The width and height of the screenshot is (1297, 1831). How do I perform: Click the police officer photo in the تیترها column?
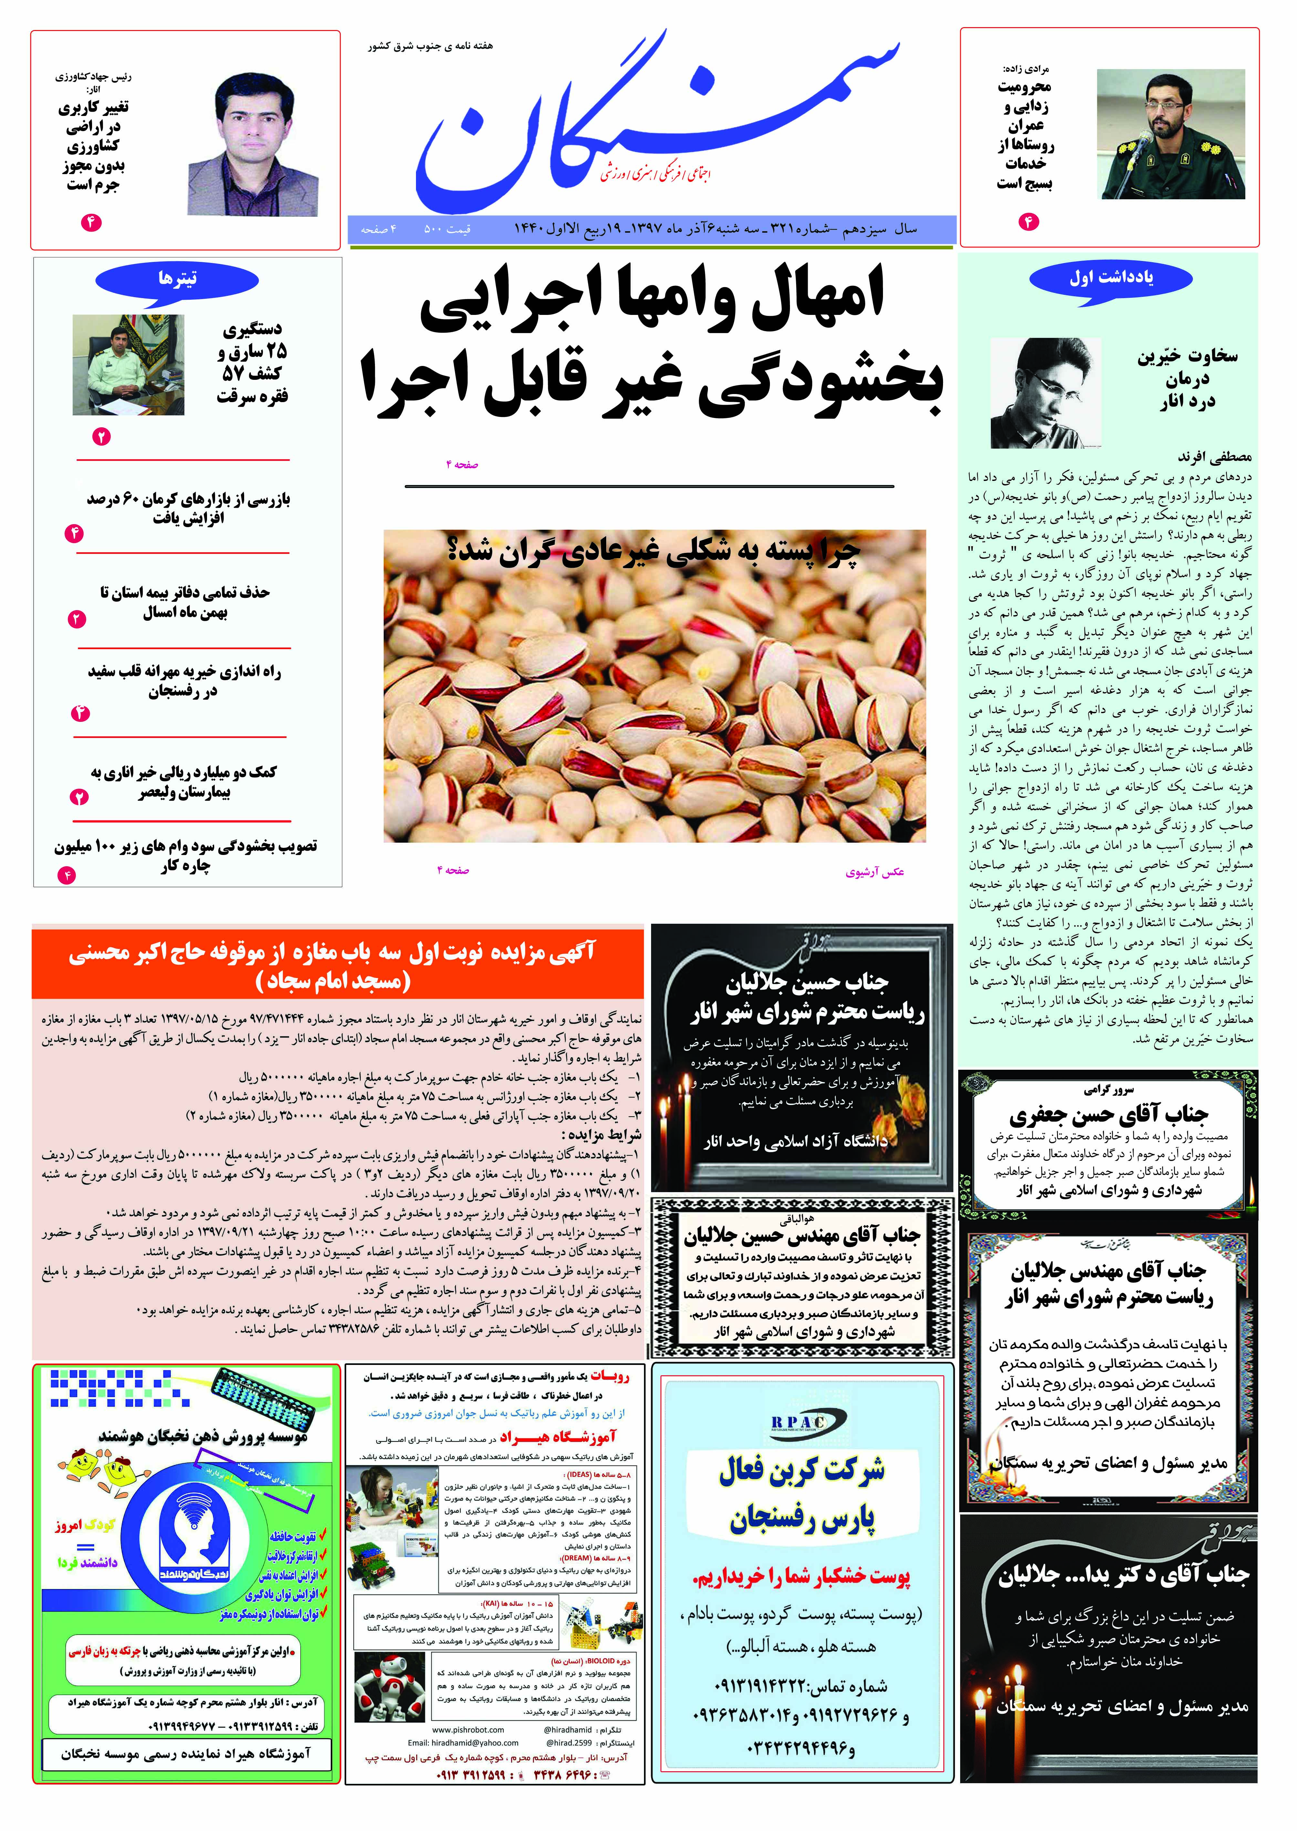(129, 364)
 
